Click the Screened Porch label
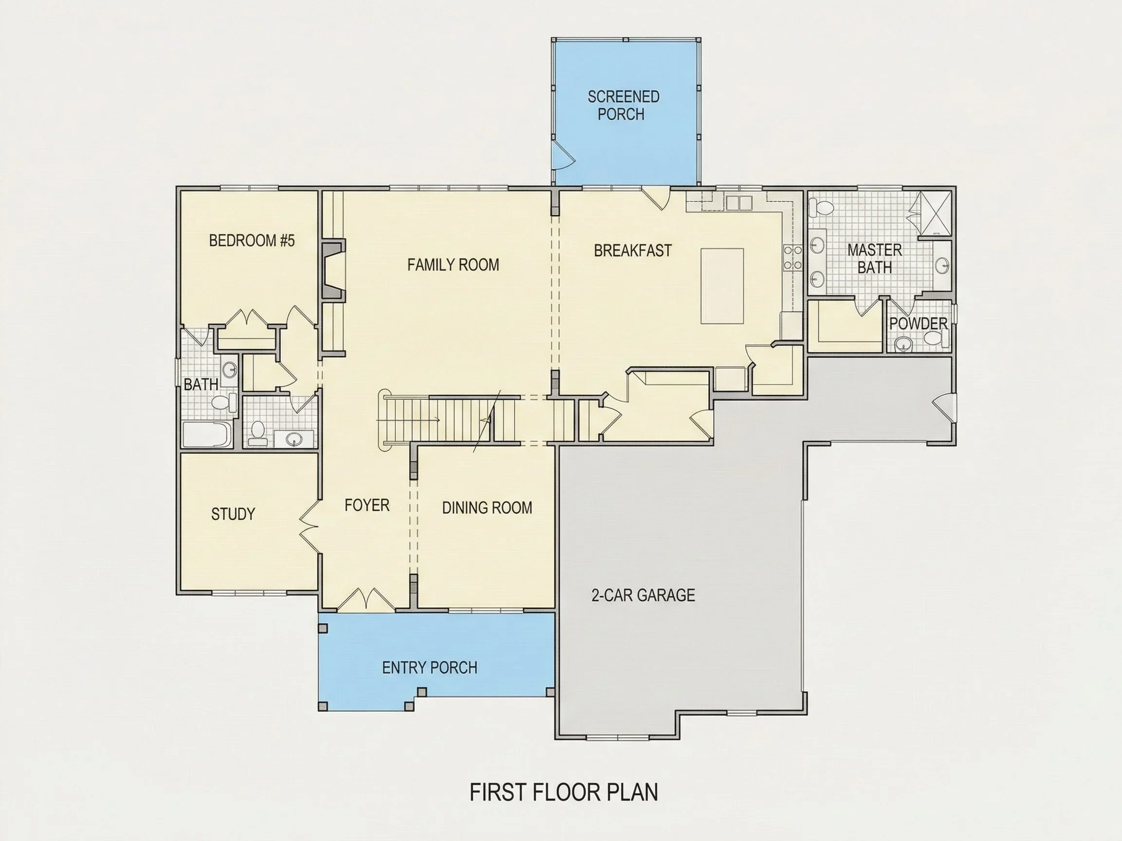pyautogui.click(x=623, y=106)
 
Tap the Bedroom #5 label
pyautogui.click(x=252, y=240)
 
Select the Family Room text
pyautogui.click(x=453, y=265)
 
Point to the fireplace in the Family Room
pyautogui.click(x=333, y=271)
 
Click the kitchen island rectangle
pyautogui.click(x=722, y=286)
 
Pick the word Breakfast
pyautogui.click(x=632, y=251)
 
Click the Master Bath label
pyautogui.click(x=874, y=259)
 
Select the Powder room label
pyautogui.click(x=918, y=323)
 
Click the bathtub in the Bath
pyautogui.click(x=207, y=434)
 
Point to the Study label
pyautogui.click(x=233, y=514)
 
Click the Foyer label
pyautogui.click(x=367, y=505)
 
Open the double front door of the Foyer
pyautogui.click(x=366, y=599)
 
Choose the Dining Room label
pyautogui.click(x=487, y=507)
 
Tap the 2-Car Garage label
pyautogui.click(x=643, y=594)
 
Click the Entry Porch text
pyautogui.click(x=430, y=668)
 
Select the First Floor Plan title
pyautogui.click(x=564, y=792)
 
